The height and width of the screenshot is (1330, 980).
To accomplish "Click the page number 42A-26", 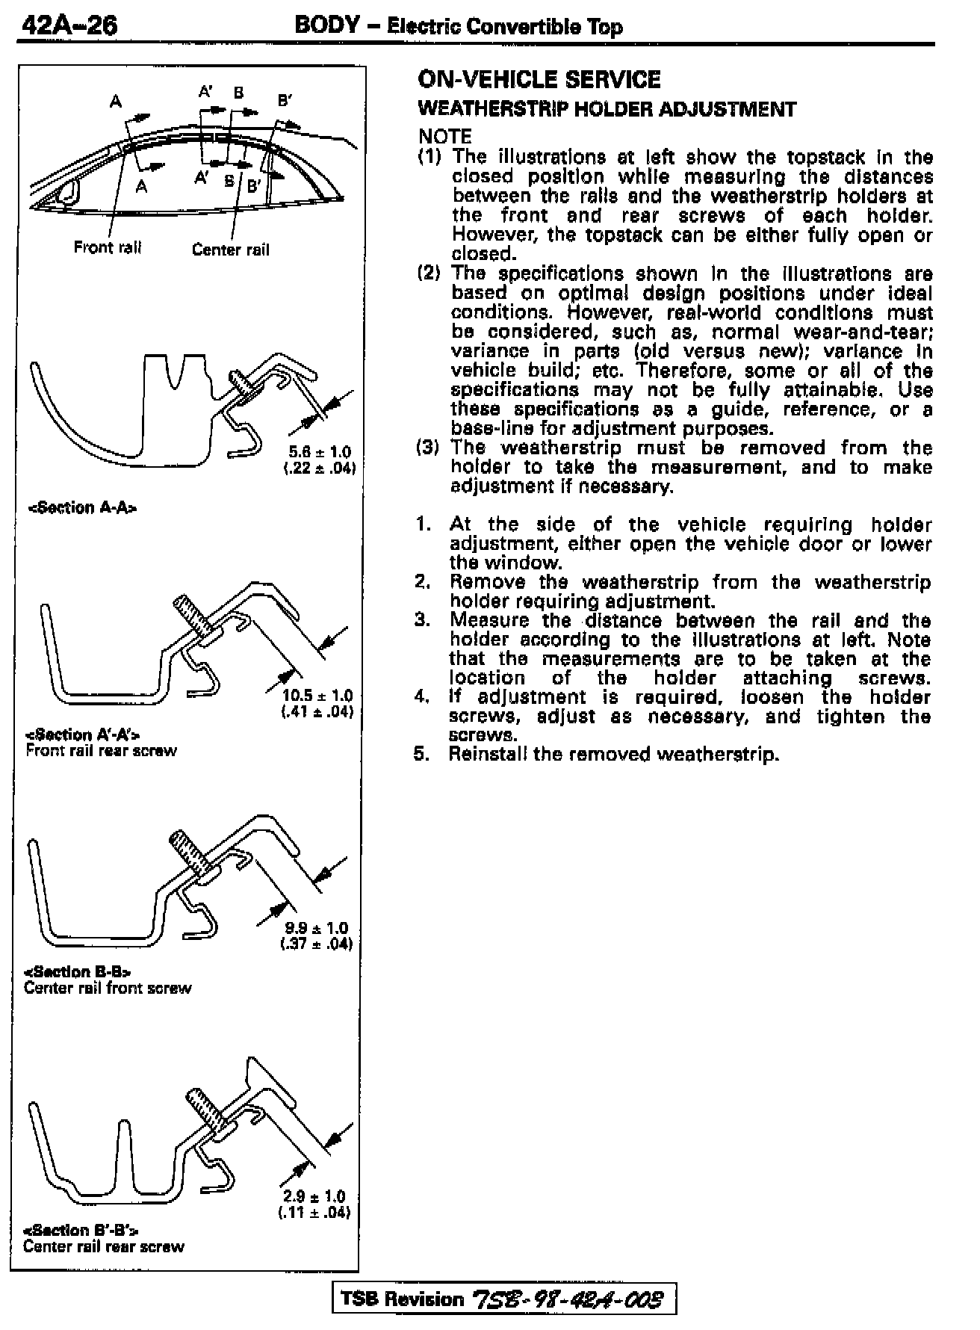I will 69,27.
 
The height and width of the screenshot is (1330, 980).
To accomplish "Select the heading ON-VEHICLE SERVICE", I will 539,80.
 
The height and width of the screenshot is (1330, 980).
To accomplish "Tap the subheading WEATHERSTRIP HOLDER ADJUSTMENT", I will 607,109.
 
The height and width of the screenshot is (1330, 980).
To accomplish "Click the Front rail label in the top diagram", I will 108,247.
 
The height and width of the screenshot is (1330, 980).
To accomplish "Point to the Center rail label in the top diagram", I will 230,250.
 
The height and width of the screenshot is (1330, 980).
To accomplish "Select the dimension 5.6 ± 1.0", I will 319,452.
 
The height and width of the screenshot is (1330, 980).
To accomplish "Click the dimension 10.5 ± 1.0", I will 317,696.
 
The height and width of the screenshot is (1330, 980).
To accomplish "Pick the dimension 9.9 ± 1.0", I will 317,928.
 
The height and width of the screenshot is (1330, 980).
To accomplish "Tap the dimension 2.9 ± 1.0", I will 315,1196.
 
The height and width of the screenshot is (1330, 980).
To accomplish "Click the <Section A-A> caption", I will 82,508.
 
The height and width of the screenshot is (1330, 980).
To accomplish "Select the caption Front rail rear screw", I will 102,751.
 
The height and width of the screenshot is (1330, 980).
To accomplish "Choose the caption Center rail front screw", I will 108,988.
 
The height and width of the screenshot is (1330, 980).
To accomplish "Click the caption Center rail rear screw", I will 103,1246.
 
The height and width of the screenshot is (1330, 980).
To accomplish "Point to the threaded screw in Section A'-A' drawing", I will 191,617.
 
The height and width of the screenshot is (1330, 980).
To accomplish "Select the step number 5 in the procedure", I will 422,754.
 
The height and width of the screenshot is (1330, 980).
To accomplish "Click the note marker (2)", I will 429,273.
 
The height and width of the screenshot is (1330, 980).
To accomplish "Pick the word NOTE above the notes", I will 445,137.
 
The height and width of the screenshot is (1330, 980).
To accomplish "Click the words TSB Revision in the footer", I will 402,1299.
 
